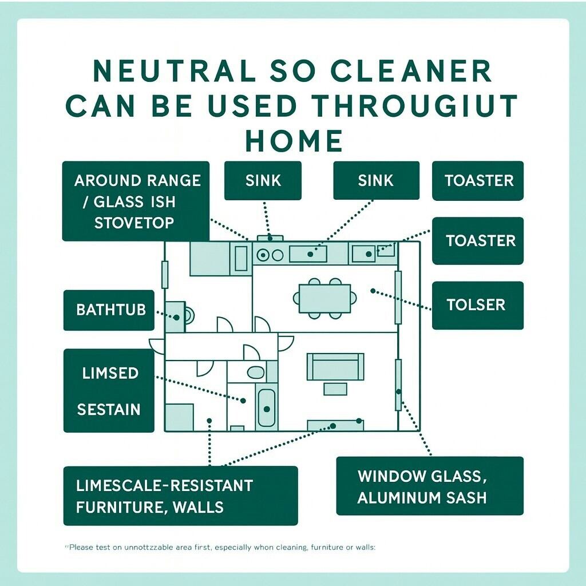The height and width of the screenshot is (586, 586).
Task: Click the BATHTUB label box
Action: (x=108, y=310)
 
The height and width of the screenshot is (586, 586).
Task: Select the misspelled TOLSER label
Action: (x=477, y=305)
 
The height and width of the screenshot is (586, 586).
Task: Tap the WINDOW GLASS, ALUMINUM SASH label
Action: (x=429, y=486)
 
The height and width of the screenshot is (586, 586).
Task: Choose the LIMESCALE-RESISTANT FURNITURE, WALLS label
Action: (x=180, y=496)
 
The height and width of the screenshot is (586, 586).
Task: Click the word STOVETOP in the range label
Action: (x=134, y=222)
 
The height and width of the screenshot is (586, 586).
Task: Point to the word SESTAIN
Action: (x=109, y=410)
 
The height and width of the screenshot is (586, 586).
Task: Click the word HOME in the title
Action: (x=294, y=141)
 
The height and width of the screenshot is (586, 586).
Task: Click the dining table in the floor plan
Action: (x=324, y=298)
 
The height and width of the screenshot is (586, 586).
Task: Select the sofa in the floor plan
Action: (x=335, y=367)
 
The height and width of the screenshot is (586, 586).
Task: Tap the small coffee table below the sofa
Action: (x=335, y=389)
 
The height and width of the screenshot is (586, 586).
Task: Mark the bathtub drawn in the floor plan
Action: (x=266, y=407)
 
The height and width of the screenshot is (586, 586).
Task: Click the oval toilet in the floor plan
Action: (x=256, y=373)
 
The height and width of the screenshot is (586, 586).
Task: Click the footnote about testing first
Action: (x=221, y=548)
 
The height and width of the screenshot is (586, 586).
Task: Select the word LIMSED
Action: (x=110, y=373)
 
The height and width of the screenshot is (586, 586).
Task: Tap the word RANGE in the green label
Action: (x=173, y=181)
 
